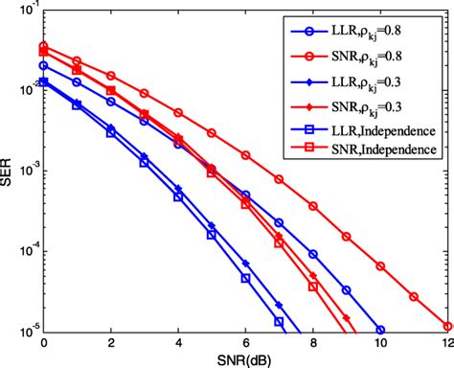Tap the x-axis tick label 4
178,340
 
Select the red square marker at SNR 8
312,286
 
